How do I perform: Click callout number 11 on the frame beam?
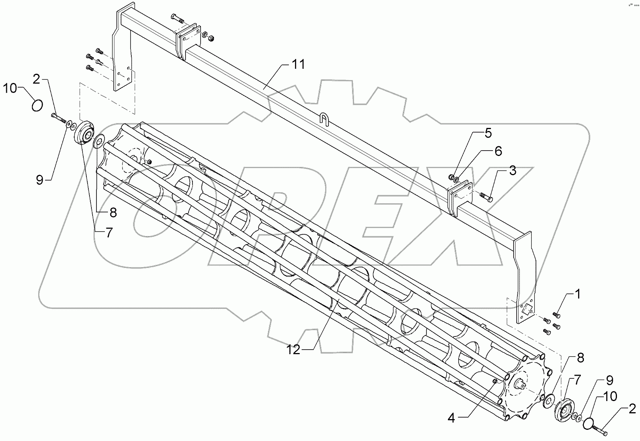click(x=298, y=65)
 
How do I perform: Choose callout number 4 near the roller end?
click(x=451, y=418)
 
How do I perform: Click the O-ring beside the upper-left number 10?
click(x=37, y=105)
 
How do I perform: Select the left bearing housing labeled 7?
click(x=85, y=133)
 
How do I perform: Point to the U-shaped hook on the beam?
click(x=324, y=118)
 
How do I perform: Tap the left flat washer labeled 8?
click(x=99, y=140)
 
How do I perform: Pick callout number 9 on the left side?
click(x=40, y=180)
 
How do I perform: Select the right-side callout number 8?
click(x=580, y=358)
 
